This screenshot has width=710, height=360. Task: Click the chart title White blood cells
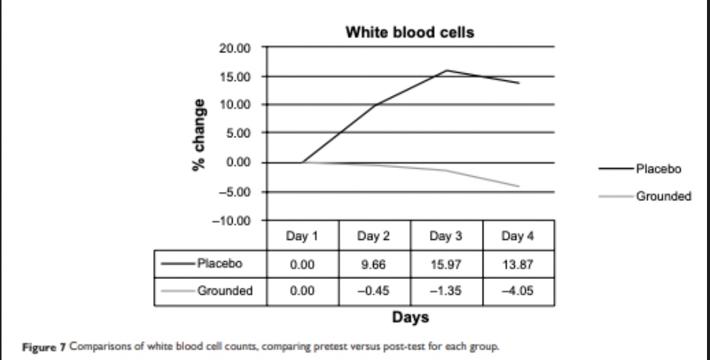click(410, 32)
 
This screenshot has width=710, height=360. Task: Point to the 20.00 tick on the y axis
click(235, 48)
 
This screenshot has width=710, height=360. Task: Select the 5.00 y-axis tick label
click(238, 133)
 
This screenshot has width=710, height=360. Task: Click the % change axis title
click(198, 135)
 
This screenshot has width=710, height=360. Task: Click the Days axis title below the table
click(411, 317)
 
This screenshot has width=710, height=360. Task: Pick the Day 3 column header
click(446, 236)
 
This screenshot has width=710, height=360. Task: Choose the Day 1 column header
click(302, 236)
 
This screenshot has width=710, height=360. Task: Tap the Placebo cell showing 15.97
click(446, 264)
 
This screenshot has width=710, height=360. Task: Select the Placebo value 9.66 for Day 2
click(374, 264)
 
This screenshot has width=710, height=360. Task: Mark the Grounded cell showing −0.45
click(374, 291)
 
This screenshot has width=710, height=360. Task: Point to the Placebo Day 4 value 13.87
click(518, 264)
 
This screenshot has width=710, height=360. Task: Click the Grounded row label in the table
click(224, 291)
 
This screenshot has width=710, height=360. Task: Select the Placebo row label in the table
click(220, 263)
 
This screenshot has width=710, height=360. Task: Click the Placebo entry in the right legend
click(658, 169)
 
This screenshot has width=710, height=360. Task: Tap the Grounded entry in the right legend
click(663, 196)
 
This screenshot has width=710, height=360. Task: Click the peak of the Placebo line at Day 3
click(447, 70)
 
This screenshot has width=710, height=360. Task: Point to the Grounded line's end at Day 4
click(519, 186)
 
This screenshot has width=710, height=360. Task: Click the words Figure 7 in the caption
click(44, 347)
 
